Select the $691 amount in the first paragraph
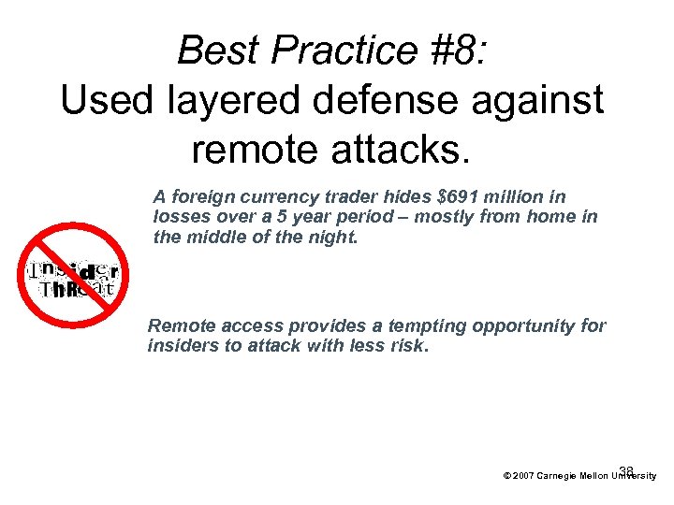click(458, 196)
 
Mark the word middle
click(213, 238)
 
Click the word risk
click(408, 346)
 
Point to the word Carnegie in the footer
click(559, 476)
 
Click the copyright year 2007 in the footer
click(522, 476)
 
